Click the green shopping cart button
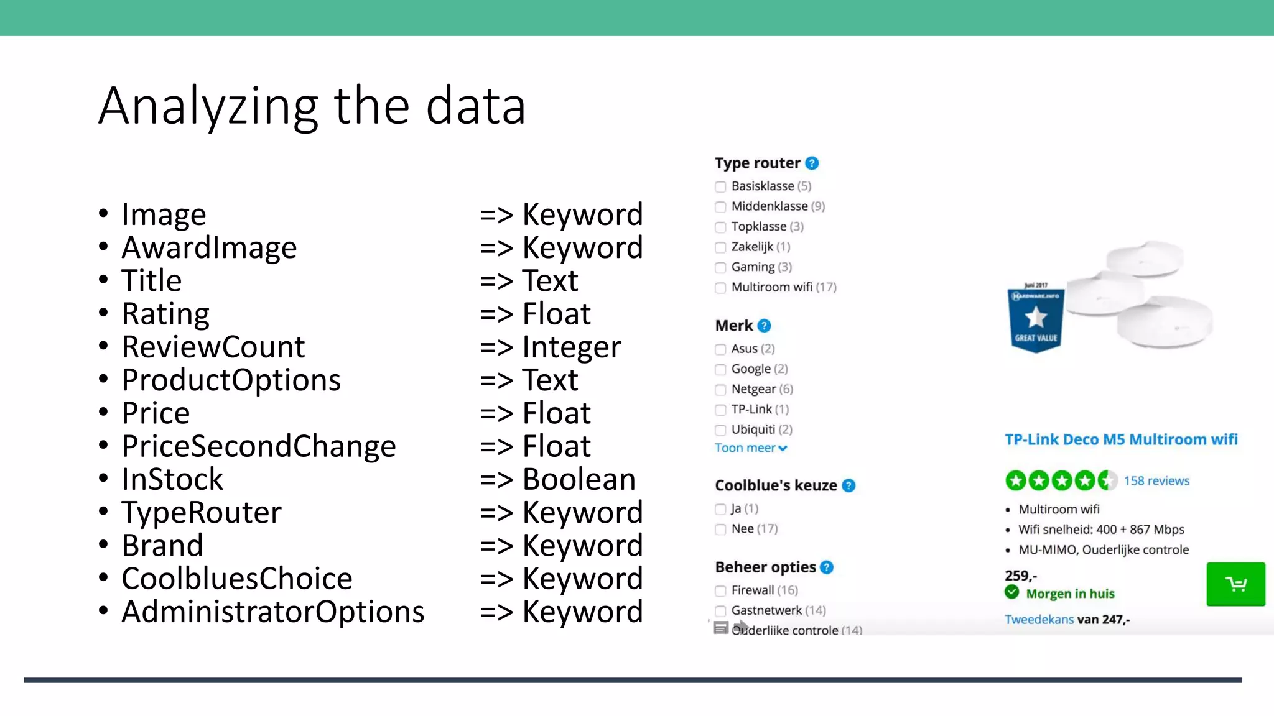click(1235, 584)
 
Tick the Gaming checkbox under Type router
click(720, 268)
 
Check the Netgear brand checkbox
click(720, 390)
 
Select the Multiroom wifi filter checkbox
click(720, 288)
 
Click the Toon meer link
click(750, 448)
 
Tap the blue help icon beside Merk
click(765, 326)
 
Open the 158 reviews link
click(1156, 481)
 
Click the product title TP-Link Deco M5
click(1120, 440)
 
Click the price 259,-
click(1020, 576)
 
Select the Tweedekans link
click(1039, 620)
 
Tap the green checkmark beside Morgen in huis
click(1012, 592)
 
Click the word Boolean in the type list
click(579, 479)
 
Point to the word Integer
click(571, 347)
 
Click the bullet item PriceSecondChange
click(258, 446)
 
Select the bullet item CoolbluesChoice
click(236, 579)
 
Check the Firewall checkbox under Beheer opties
click(720, 591)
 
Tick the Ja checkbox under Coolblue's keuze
click(720, 510)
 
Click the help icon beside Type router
click(812, 163)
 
